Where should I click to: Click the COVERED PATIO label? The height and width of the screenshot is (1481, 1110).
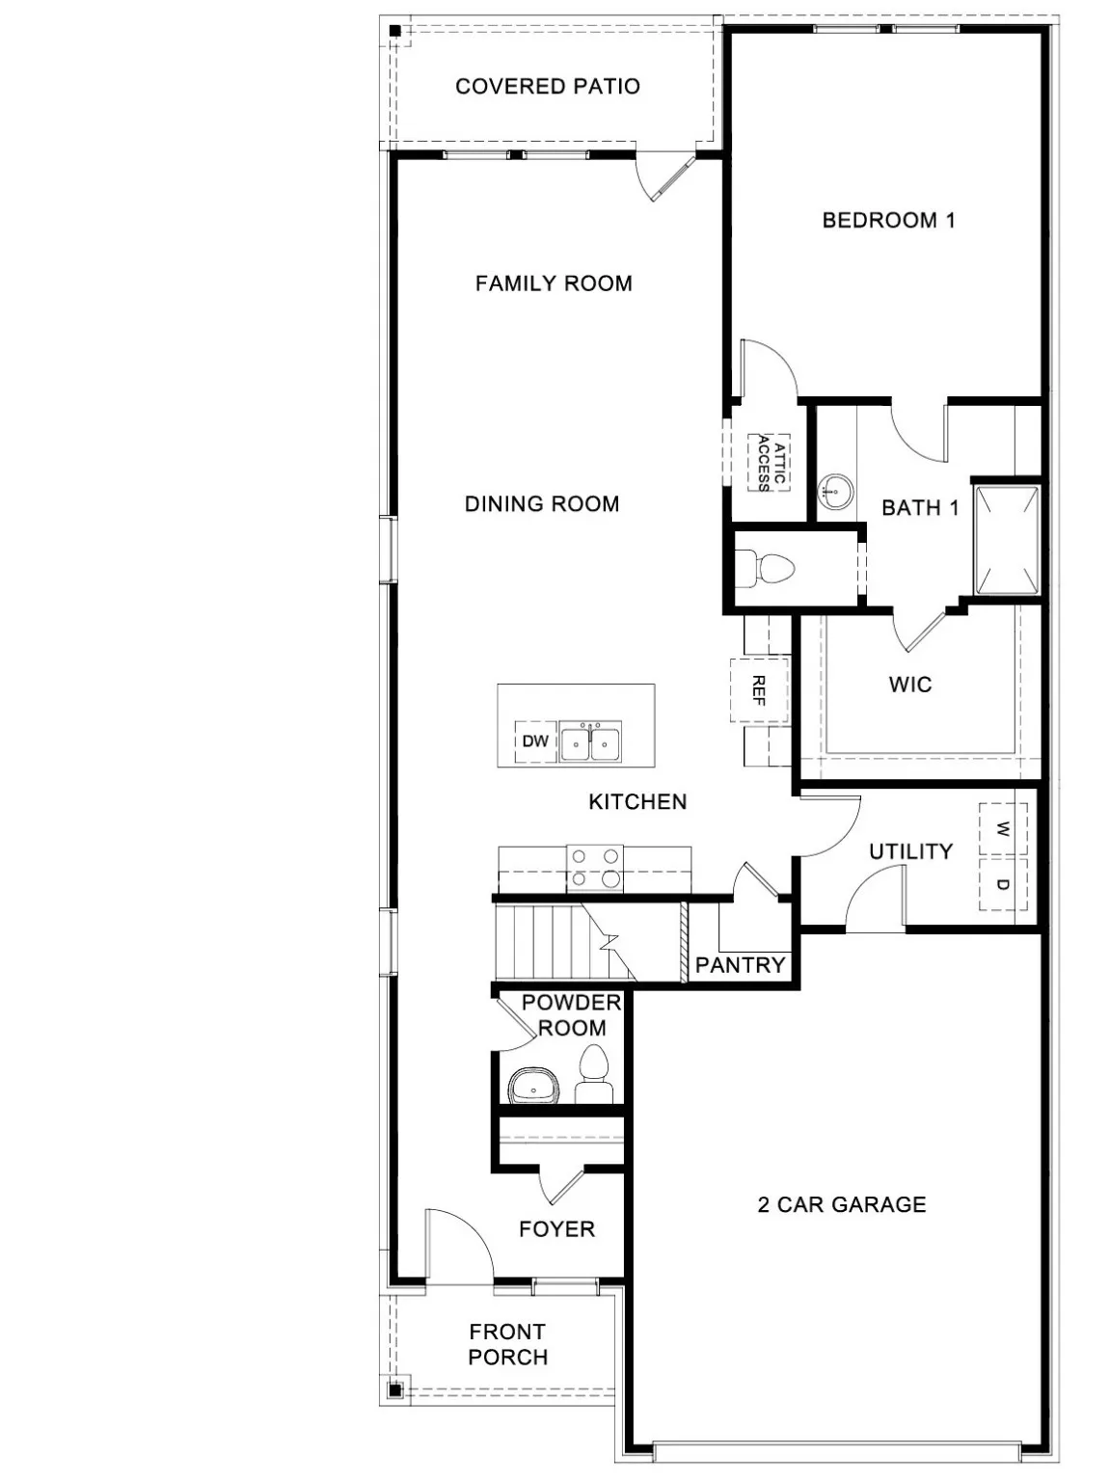(547, 87)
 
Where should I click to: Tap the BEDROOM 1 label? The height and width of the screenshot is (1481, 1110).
(888, 220)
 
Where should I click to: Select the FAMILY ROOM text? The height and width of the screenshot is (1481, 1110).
(554, 283)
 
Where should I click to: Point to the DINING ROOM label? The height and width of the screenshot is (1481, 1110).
(542, 503)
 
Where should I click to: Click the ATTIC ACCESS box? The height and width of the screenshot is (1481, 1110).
(770, 463)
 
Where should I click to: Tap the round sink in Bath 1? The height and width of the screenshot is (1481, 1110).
(835, 493)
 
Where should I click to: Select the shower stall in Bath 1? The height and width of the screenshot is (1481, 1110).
(1007, 540)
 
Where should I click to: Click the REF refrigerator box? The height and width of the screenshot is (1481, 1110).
(759, 689)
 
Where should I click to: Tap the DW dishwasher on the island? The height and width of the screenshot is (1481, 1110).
(535, 741)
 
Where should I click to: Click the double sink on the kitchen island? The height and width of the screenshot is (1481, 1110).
(591, 741)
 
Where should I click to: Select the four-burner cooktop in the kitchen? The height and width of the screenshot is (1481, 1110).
(595, 867)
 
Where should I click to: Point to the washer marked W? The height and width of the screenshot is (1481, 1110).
(1003, 829)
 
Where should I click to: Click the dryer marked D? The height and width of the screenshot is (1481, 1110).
(1003, 884)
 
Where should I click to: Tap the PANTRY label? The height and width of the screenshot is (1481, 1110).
(741, 964)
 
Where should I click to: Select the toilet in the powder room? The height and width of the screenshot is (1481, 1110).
(593, 1075)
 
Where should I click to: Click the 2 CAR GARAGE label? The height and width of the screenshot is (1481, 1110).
(841, 1204)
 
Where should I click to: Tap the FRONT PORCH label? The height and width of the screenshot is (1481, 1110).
(507, 1344)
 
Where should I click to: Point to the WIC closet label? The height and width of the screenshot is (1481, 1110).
(910, 685)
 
